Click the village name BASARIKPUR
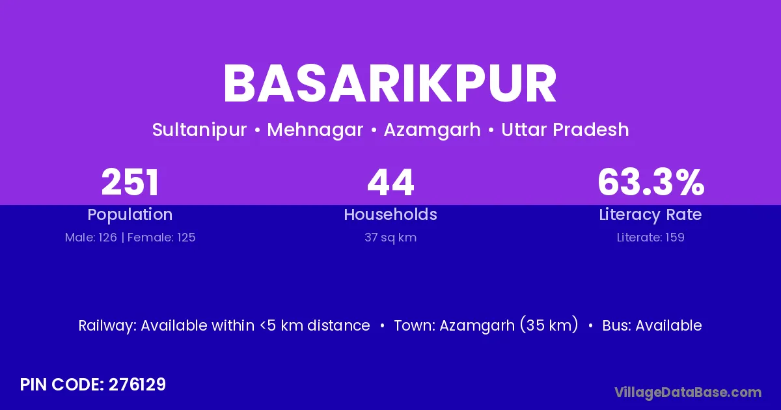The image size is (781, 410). coord(390,84)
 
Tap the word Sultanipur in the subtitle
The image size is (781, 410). coord(199,130)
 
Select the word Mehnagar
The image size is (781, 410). coord(315,130)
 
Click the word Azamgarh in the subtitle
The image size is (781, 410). coord(432,130)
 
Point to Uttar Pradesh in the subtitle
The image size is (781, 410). coord(565,130)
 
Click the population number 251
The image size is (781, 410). coord(130,182)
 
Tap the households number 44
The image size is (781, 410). coord(390,182)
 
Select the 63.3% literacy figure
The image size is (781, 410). coord(651,182)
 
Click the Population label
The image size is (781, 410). coord(130,214)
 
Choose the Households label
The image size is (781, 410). coord(390,214)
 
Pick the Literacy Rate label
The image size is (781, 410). coord(651,215)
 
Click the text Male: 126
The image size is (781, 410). coord(91,238)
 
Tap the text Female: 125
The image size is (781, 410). coord(161,238)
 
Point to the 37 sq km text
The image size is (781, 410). coord(390,238)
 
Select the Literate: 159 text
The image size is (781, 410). coord(651,238)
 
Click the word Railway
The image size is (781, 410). coord(107,326)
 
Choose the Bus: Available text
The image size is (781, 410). coord(652,325)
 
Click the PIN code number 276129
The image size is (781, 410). coord(137,385)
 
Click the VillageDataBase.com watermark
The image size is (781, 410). coord(688,393)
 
